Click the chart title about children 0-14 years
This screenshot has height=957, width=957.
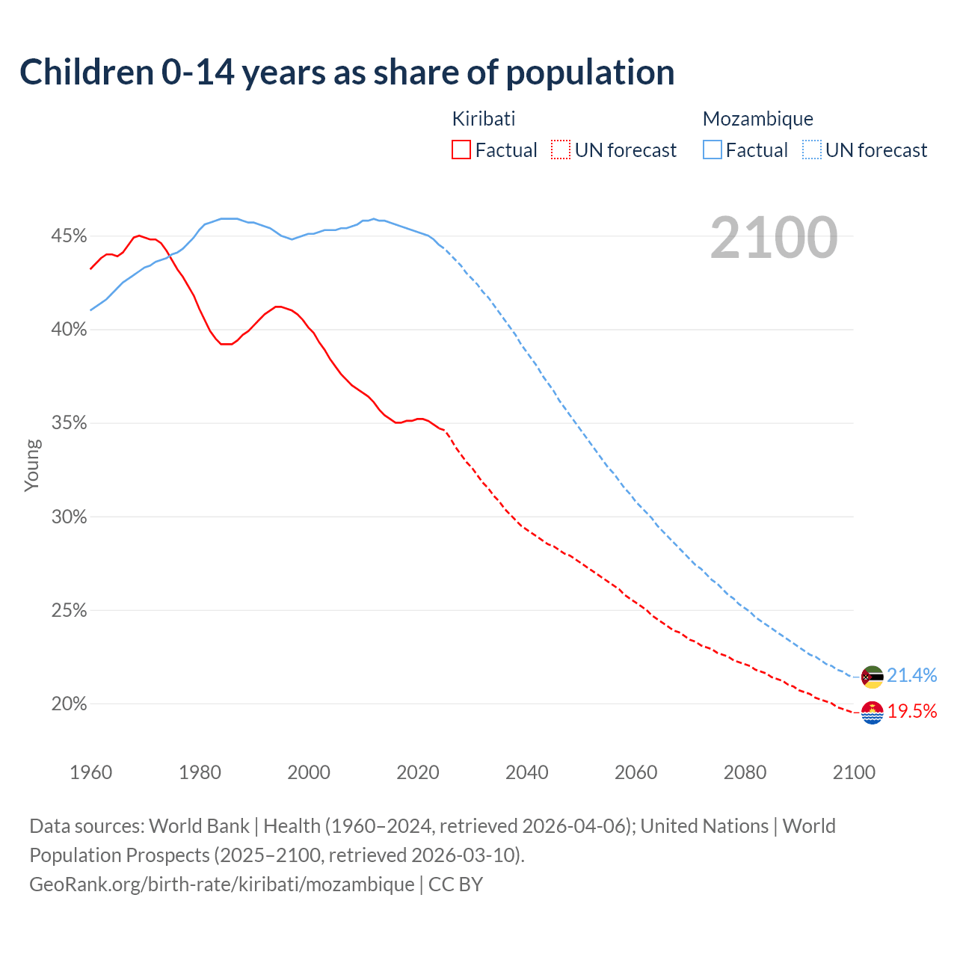(347, 73)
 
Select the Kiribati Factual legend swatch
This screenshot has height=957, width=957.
(461, 150)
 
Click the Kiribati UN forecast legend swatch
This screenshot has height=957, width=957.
(561, 150)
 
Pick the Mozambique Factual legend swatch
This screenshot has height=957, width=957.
(713, 150)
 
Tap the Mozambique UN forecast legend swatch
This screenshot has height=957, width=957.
(812, 150)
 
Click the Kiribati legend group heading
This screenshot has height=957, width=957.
(484, 119)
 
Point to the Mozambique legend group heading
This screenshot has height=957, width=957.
(758, 119)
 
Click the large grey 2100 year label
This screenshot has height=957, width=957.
(774, 238)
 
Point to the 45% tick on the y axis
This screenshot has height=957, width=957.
(69, 236)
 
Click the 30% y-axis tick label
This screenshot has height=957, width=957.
(69, 517)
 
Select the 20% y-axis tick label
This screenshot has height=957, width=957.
(69, 704)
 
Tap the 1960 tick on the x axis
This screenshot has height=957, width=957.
(90, 772)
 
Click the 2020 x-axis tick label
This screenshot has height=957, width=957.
(418, 772)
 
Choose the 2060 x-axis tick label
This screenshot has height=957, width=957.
(636, 772)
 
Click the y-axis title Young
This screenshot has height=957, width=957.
(32, 465)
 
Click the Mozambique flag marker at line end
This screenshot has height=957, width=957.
(873, 677)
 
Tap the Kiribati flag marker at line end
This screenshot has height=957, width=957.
(873, 713)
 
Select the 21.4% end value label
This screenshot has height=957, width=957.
(912, 675)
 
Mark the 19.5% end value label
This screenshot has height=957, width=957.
(912, 711)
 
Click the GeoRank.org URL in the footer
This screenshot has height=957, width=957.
(222, 884)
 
